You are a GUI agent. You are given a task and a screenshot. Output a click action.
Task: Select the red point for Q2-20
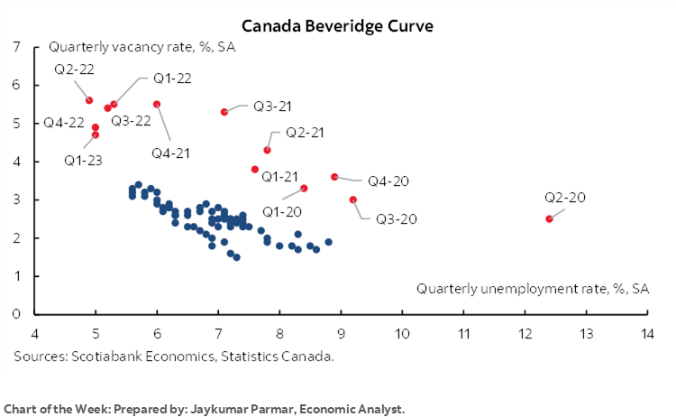[x=549, y=218]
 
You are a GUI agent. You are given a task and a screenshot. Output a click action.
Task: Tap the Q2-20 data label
[x=565, y=198]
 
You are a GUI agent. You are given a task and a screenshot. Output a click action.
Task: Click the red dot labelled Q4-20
[x=334, y=177]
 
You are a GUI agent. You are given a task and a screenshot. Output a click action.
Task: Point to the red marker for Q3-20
[x=352, y=199]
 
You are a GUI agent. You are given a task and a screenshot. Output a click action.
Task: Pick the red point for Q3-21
[x=224, y=112]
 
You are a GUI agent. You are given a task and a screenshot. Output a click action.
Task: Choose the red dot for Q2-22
[x=89, y=100]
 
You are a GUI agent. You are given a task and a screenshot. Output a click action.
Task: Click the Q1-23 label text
[x=82, y=161]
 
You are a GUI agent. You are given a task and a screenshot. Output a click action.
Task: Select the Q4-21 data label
[x=170, y=153]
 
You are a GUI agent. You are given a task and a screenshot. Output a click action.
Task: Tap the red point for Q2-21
[x=267, y=150]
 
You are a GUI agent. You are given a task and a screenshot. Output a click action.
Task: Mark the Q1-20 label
[x=282, y=211]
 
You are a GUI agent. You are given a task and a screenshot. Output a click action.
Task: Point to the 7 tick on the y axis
[x=17, y=47]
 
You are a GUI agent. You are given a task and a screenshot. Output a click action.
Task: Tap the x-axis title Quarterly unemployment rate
[x=532, y=289]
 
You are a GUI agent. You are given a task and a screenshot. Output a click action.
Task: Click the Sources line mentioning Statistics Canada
[x=174, y=357]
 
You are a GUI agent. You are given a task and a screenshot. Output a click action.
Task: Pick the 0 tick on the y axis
[x=17, y=314]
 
